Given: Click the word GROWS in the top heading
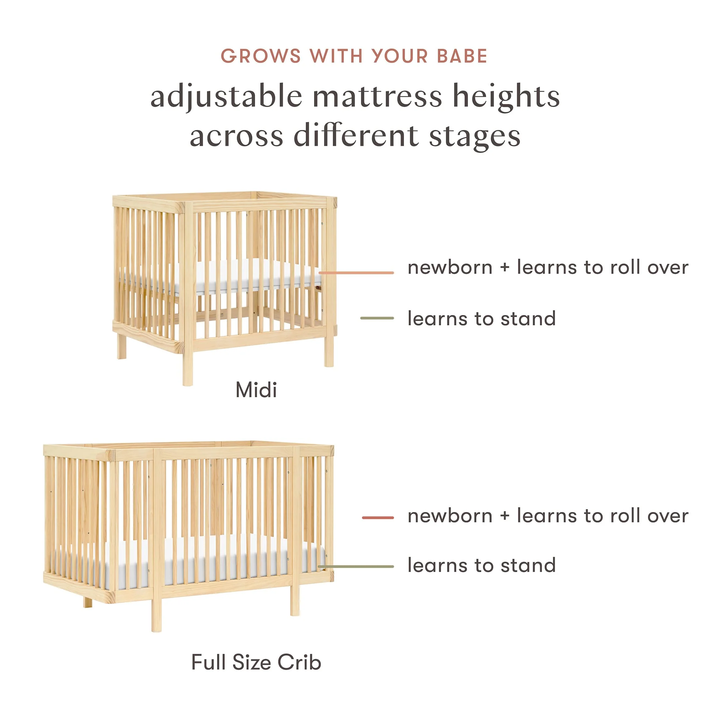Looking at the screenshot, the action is pyautogui.click(x=261, y=56).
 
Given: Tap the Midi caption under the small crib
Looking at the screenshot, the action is pyautogui.click(x=256, y=390).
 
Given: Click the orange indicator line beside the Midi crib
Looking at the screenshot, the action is pyautogui.click(x=356, y=273).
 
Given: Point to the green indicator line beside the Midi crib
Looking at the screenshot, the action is pyautogui.click(x=377, y=318).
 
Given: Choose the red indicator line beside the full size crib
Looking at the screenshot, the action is pyautogui.click(x=378, y=518).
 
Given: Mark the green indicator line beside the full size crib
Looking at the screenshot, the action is pyautogui.click(x=356, y=567).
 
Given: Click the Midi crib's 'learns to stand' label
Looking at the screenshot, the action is pyautogui.click(x=482, y=318).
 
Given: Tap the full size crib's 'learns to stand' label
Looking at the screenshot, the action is pyautogui.click(x=482, y=565).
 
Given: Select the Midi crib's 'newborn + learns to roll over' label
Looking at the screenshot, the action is pyautogui.click(x=548, y=267).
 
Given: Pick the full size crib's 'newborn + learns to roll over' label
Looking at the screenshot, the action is pyautogui.click(x=548, y=516).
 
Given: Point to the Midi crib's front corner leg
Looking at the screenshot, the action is pyautogui.click(x=188, y=294).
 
